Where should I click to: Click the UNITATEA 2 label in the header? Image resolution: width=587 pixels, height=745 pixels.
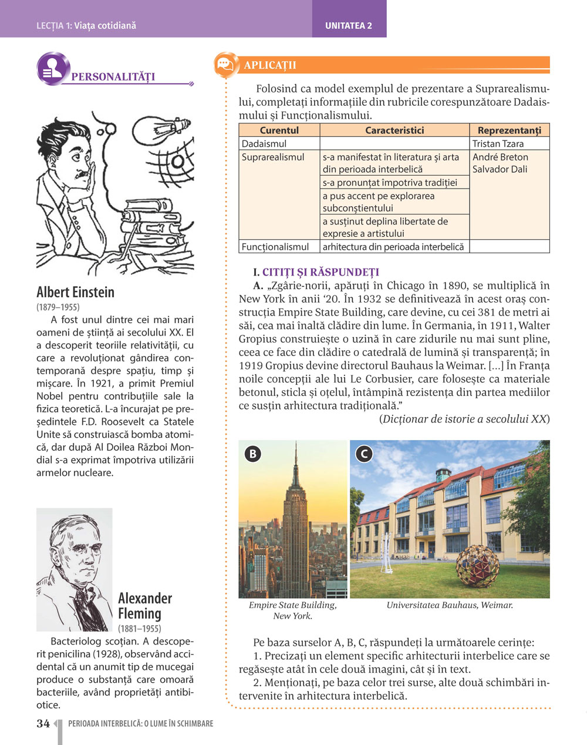(349, 26)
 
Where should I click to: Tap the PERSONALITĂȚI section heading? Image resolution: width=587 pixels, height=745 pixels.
(113, 77)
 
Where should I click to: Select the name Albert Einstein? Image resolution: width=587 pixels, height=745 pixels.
(75, 292)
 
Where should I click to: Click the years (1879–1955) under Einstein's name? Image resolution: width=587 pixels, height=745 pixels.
(58, 307)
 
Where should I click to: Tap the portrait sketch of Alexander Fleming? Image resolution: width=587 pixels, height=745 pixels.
(74, 569)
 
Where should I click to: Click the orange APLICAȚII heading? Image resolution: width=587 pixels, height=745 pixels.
(270, 65)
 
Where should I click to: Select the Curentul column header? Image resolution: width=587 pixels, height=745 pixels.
(279, 130)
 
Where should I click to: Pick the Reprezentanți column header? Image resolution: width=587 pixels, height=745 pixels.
(509, 130)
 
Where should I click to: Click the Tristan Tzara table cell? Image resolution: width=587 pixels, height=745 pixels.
(498, 143)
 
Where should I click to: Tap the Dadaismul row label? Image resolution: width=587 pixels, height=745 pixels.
(264, 143)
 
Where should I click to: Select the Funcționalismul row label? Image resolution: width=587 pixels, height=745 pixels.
(275, 247)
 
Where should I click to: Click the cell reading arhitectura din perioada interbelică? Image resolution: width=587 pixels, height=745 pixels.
(393, 247)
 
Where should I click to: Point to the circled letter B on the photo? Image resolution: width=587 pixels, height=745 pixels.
(253, 454)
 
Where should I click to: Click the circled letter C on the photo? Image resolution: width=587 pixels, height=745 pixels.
(364, 454)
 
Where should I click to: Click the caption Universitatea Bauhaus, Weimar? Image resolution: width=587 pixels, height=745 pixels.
(450, 605)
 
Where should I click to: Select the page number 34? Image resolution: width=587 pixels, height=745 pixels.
(43, 724)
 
